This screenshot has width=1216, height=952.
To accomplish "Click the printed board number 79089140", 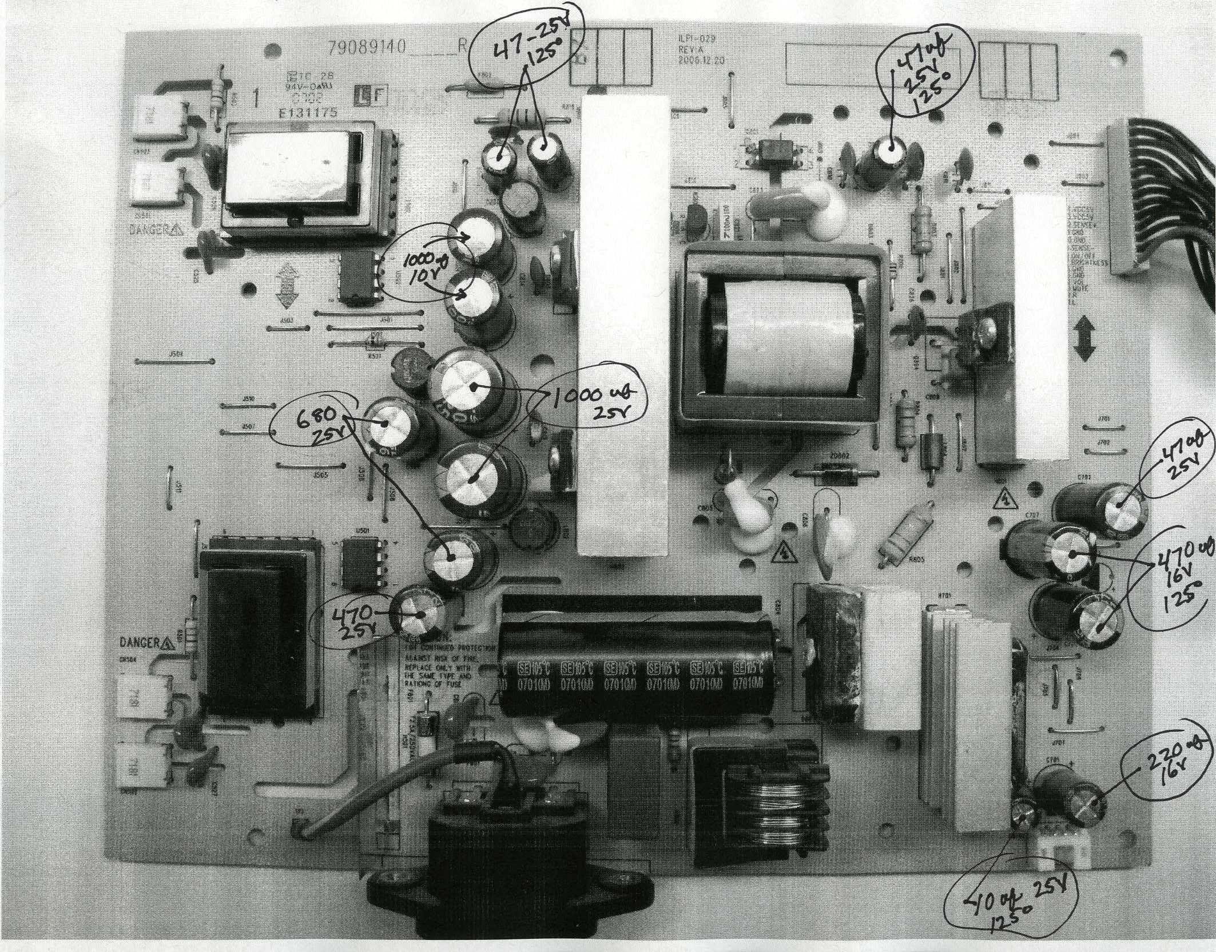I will tap(367, 48).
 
